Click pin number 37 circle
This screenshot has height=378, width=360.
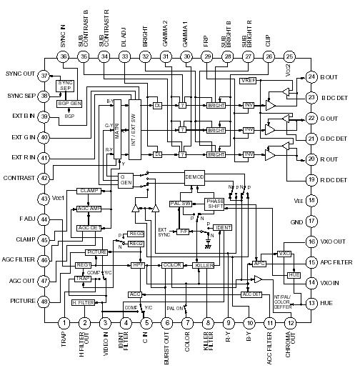click(44, 75)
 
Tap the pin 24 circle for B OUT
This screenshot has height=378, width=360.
click(311, 76)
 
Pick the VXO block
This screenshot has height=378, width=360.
click(284, 254)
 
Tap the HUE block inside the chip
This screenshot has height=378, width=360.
click(294, 274)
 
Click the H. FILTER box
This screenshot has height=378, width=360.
click(84, 304)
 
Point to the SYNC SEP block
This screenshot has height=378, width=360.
click(66, 85)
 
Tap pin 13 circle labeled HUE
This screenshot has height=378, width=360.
click(311, 303)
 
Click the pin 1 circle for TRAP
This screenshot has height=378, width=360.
click(64, 324)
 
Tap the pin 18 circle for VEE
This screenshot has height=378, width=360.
click(311, 201)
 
